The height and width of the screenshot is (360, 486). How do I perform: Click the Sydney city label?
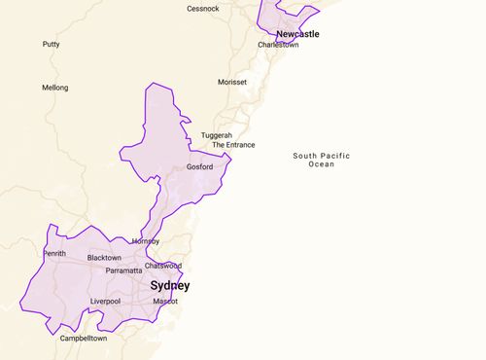pos(169,286)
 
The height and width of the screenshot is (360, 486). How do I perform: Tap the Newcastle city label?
pos(297,34)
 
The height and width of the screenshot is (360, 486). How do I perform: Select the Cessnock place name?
pos(203,9)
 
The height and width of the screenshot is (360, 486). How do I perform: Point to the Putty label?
pos(51,45)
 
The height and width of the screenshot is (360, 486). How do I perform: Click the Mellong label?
pos(54,88)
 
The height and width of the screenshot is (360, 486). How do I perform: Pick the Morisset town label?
pos(232,83)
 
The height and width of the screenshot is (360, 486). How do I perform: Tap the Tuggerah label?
pos(217,135)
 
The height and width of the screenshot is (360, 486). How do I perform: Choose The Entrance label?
pos(233,145)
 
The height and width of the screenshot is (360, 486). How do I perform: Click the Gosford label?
pos(199,166)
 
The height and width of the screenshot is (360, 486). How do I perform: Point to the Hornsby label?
pos(145,241)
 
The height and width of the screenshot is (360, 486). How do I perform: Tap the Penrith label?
pos(54,254)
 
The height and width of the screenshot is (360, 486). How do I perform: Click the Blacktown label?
pos(104,258)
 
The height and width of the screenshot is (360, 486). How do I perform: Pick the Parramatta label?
pos(123,270)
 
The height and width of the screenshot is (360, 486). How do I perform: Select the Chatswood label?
pos(162,266)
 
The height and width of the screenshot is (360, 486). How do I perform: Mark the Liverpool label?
pos(105,302)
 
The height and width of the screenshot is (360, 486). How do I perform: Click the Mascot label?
pos(165,302)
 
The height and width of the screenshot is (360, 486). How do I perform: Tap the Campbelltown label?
pos(84,339)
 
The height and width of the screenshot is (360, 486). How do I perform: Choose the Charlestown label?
pos(278,45)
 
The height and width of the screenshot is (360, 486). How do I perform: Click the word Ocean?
pos(322,164)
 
